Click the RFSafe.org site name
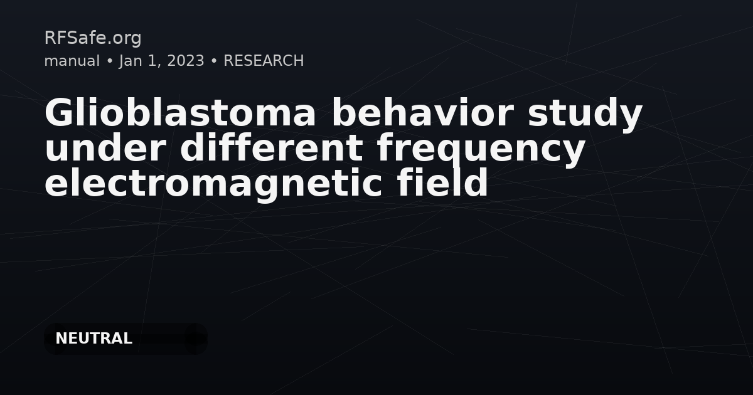click(x=93, y=38)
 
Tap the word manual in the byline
click(x=72, y=61)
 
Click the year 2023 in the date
click(x=186, y=61)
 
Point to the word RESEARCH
click(x=264, y=61)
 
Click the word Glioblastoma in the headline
click(x=180, y=112)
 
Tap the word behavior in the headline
click(x=423, y=112)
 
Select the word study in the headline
click(x=585, y=115)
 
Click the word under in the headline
click(x=105, y=147)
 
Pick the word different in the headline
click(x=271, y=147)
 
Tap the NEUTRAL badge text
click(x=93, y=339)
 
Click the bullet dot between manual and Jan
click(x=109, y=61)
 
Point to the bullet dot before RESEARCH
click(x=214, y=61)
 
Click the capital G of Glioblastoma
click(x=59, y=112)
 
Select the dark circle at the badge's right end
click(x=196, y=339)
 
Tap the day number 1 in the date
click(x=152, y=61)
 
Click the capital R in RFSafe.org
click(x=50, y=38)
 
